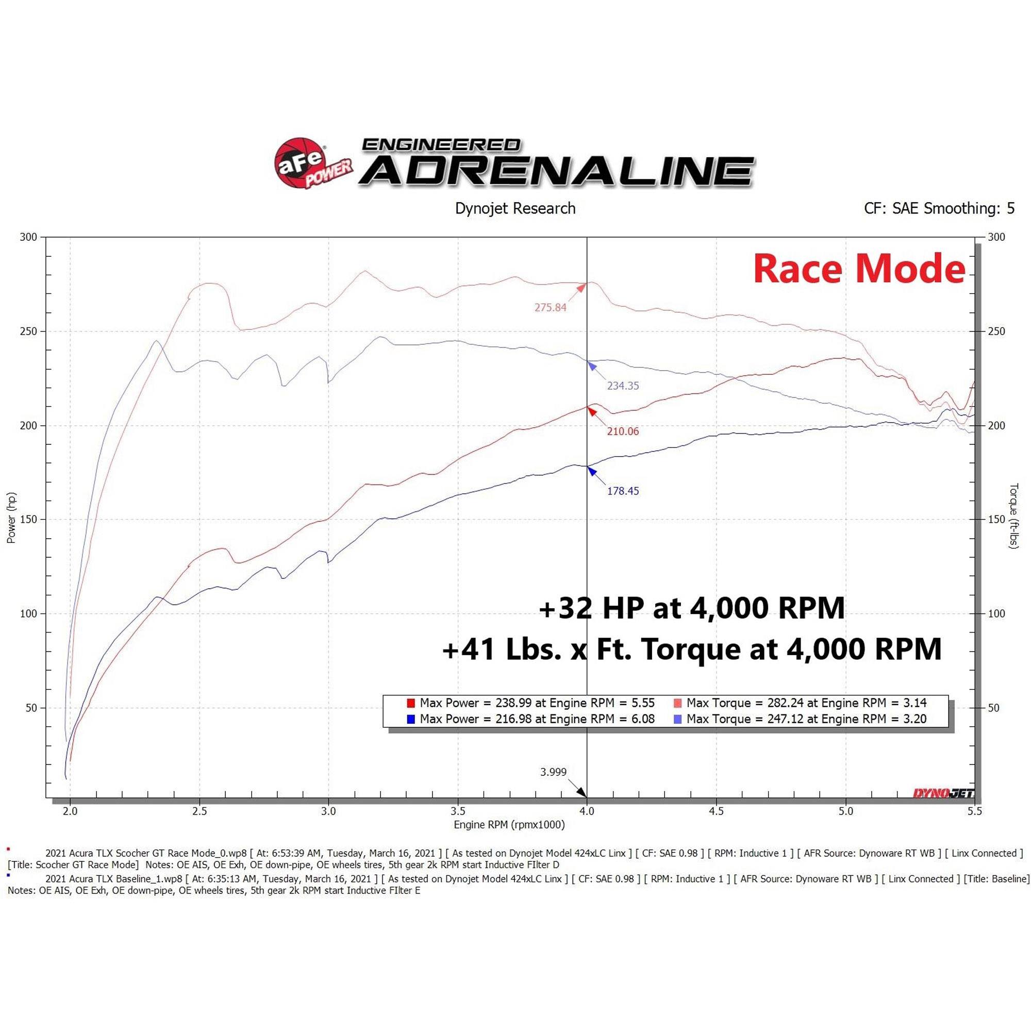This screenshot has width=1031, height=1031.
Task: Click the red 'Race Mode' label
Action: pos(859,269)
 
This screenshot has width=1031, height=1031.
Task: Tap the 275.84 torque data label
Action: pos(550,307)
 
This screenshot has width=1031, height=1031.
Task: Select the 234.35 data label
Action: pos(622,385)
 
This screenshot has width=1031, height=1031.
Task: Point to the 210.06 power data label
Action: pos(622,431)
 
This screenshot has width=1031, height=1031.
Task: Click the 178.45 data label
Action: pos(622,491)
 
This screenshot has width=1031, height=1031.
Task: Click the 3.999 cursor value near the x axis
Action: pos(553,772)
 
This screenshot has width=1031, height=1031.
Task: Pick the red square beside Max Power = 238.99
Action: pos(410,703)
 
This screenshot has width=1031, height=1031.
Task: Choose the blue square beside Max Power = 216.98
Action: pos(410,719)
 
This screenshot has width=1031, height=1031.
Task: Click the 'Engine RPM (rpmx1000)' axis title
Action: pos(509,824)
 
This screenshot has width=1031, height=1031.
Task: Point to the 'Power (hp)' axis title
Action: pos(11,518)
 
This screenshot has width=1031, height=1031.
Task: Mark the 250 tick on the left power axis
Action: pos(28,331)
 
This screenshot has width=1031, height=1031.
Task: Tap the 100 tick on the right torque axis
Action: pos(996,613)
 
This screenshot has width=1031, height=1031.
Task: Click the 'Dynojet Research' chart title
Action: pos(515,208)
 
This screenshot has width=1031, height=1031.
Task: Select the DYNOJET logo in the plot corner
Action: pos(943,793)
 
